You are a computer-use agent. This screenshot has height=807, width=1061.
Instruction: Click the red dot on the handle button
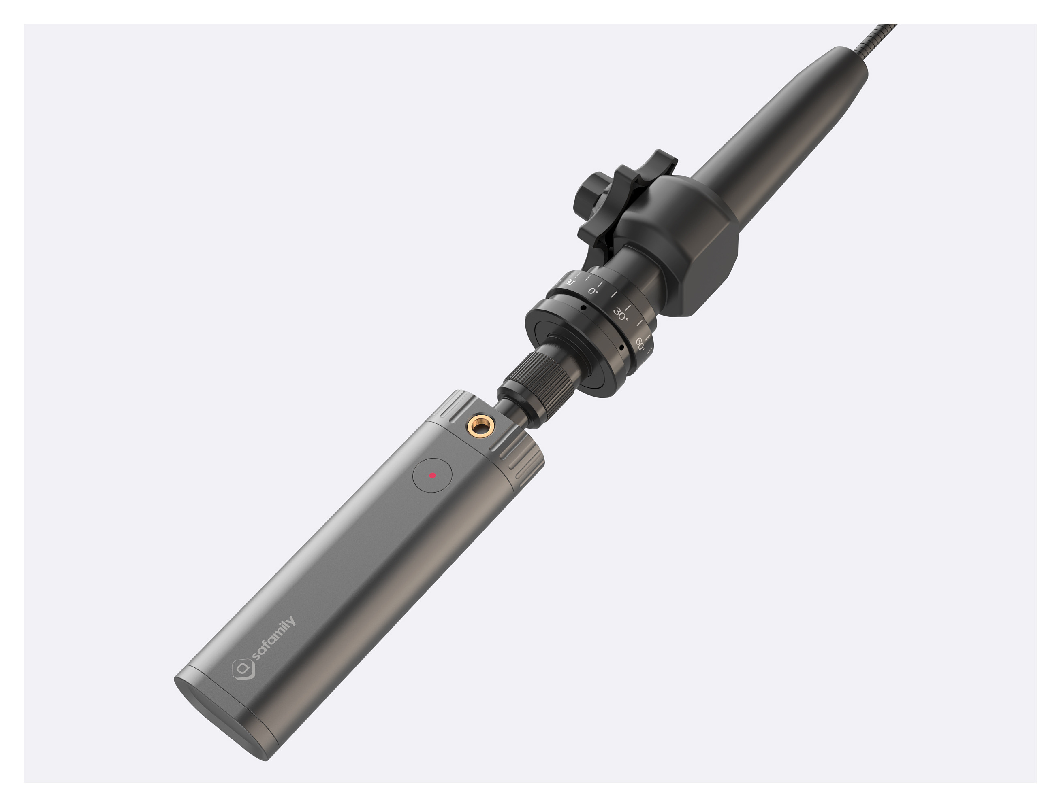click(x=432, y=475)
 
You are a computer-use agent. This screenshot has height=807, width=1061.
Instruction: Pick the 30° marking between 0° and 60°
click(x=621, y=314)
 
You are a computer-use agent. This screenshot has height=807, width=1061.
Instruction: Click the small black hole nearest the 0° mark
click(x=583, y=308)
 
